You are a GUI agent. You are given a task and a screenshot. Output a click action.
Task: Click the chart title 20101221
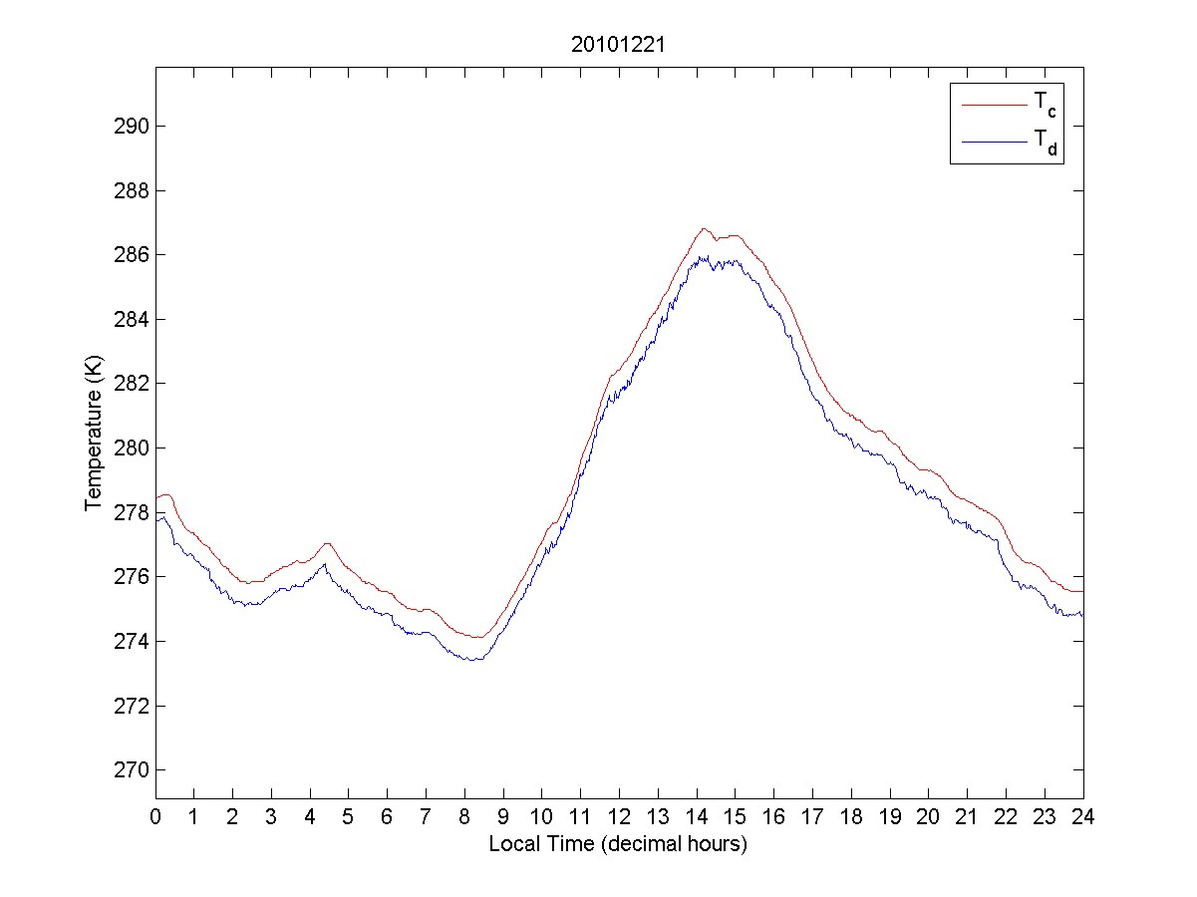pos(618,46)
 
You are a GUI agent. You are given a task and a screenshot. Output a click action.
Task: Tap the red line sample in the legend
pos(993,104)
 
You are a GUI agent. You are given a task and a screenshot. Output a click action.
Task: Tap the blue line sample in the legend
pos(993,144)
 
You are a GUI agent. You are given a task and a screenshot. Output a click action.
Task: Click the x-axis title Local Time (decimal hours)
pos(618,844)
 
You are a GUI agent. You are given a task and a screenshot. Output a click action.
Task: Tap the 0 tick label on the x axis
pos(155,816)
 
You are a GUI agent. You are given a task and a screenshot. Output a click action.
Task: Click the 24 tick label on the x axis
pos(1083,816)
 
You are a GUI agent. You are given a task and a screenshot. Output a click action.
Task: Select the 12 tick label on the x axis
pos(619,816)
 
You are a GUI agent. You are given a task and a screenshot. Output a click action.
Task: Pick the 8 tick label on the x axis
pos(464,816)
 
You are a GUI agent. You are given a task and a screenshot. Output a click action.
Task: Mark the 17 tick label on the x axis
pos(812,816)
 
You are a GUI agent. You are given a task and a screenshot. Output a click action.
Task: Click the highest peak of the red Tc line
pos(704,228)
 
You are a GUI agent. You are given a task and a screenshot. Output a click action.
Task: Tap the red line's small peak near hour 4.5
pos(327,543)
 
